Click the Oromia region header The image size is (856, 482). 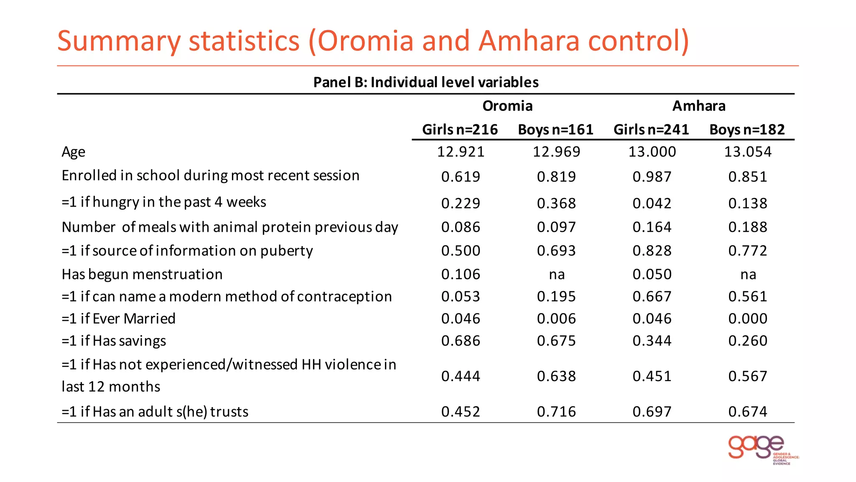pos(507,106)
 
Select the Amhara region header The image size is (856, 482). pos(698,106)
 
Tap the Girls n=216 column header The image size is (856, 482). pos(460,129)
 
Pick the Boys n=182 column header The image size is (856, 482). pos(747,129)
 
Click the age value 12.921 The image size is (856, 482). pos(461,151)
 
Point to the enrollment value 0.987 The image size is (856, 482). pos(652,177)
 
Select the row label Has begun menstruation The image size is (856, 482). pos(142,274)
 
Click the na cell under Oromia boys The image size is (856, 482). pos(556,274)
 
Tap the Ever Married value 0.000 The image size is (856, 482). pos(747,319)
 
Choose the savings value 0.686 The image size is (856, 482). pos(461,341)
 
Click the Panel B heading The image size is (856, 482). pos(425,82)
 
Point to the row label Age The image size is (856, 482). pos(74,151)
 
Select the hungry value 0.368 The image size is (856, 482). pos(556,203)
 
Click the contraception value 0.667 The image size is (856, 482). pos(652,297)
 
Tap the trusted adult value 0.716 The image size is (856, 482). pos(556,412)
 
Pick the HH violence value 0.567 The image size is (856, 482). pos(747,376)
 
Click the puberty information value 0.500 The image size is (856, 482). pos(461,251)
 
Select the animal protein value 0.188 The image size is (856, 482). pos(747,227)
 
